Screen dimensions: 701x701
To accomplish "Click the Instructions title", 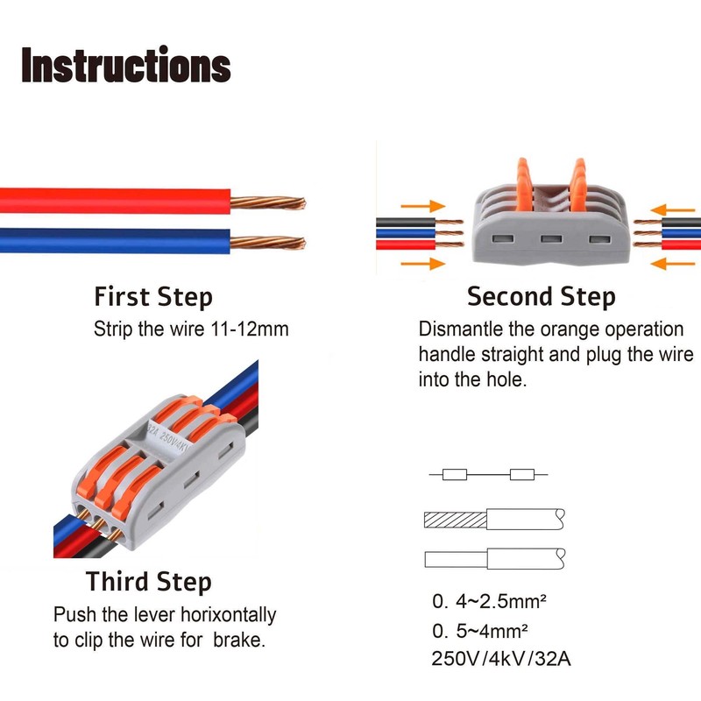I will (125, 67).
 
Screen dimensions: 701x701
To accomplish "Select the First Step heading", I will (153, 296).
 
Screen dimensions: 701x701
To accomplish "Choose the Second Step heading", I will (541, 296).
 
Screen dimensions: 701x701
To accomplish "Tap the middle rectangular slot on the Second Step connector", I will (550, 238).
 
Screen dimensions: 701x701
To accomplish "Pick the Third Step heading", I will (149, 582).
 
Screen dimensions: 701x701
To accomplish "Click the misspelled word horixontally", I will (226, 615).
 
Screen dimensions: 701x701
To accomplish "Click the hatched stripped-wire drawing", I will (455, 520).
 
